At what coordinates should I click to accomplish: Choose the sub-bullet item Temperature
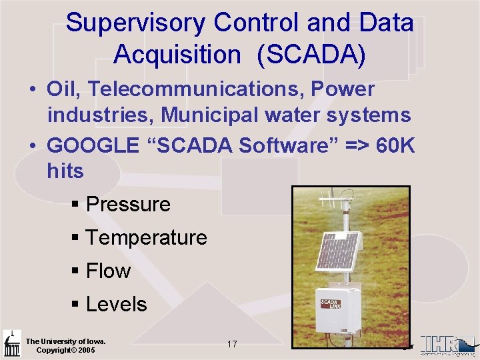[146, 237]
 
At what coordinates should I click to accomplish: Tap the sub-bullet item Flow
[108, 271]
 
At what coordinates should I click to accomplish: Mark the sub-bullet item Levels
[116, 304]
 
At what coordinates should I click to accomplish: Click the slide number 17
[232, 345]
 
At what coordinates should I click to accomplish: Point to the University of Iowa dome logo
[11, 343]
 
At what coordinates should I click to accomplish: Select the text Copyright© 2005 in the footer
[65, 351]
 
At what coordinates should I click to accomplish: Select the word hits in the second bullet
[65, 171]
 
